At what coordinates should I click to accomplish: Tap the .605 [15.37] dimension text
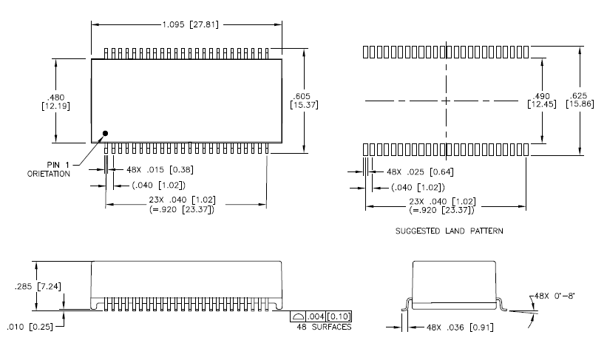pyautogui.click(x=302, y=101)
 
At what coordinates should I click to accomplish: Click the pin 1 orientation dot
pyautogui.click(x=105, y=134)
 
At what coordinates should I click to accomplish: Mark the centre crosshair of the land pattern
pyautogui.click(x=446, y=100)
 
